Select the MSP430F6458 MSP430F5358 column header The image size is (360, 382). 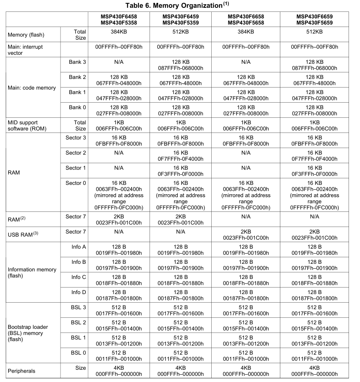click(119, 20)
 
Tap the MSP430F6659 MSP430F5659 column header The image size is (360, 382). click(314, 20)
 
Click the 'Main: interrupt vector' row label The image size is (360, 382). click(25, 50)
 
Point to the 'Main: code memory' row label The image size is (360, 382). click(32, 88)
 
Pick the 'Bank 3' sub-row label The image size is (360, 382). click(77, 62)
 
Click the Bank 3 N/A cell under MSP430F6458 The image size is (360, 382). click(119, 62)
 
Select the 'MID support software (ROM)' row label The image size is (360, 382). click(27, 125)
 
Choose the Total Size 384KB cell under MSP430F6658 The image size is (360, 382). click(246, 31)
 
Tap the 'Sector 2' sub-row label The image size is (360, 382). click(76, 153)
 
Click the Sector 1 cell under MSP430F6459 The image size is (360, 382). click(181, 171)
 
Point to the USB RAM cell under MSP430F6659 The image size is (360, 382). click(314, 234)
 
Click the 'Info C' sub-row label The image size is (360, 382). click(78, 277)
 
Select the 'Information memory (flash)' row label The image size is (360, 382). click(32, 273)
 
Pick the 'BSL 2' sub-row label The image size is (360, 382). click(78, 323)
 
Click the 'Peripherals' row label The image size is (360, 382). click(22, 371)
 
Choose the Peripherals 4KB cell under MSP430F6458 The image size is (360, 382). click(119, 371)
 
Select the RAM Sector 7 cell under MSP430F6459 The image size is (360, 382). click(181, 219)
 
